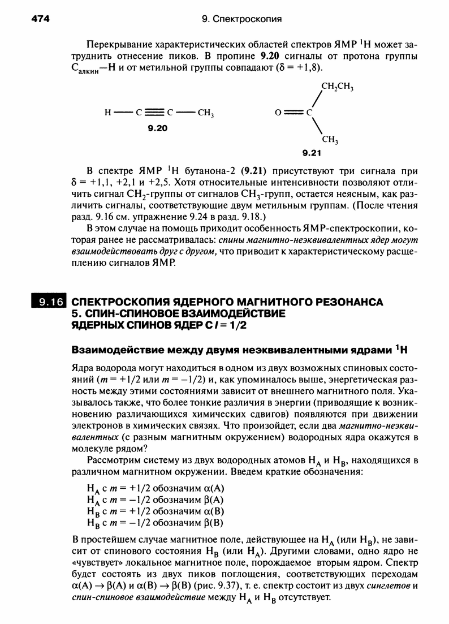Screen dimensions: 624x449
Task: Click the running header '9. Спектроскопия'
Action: pyautogui.click(x=241, y=19)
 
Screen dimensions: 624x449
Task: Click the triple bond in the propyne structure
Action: pyautogui.click(x=158, y=112)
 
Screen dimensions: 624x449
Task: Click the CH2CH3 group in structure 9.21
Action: pyautogui.click(x=337, y=87)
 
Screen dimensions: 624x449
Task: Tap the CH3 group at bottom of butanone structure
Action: pyautogui.click(x=330, y=140)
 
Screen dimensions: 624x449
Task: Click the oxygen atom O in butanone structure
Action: pyautogui.click(x=278, y=112)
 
